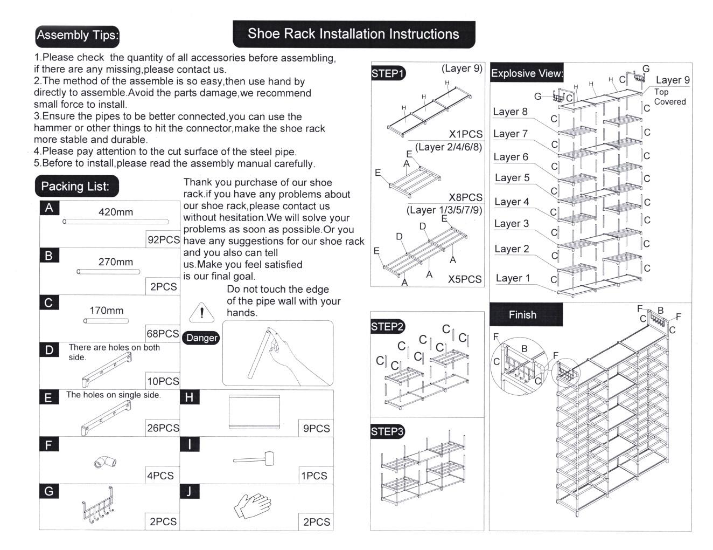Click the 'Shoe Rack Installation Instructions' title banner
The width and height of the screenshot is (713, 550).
[353, 34]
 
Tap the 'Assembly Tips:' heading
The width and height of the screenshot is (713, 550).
[77, 36]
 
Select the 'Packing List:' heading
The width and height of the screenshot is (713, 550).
[75, 187]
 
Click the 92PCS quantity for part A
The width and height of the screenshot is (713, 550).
[163, 240]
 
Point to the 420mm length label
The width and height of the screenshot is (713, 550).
[115, 212]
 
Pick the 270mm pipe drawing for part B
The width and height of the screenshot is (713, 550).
[108, 272]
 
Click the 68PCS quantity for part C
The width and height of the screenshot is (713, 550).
[163, 334]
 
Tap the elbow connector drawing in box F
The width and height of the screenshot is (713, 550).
[105, 461]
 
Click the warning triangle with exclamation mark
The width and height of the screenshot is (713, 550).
[201, 313]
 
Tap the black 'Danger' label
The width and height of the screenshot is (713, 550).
[201, 338]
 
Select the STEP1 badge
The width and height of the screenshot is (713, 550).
[388, 73]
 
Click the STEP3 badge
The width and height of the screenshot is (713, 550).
[387, 431]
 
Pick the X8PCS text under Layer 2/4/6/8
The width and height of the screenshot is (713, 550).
[465, 197]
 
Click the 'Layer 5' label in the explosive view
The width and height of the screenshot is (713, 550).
[512, 178]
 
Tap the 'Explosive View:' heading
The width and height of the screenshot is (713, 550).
[527, 73]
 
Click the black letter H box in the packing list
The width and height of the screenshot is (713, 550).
[189, 397]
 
